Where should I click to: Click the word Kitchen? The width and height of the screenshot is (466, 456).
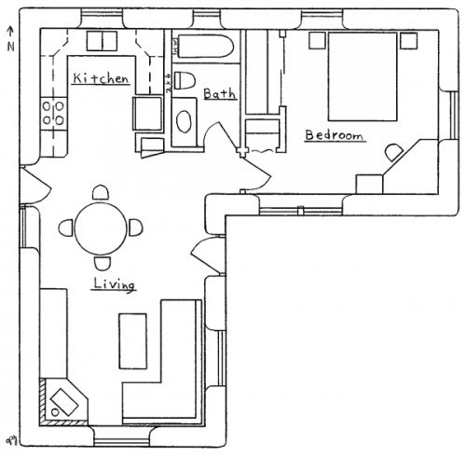(100, 79)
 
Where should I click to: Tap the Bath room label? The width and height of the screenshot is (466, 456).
(219, 93)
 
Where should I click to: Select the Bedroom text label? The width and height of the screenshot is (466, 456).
(334, 136)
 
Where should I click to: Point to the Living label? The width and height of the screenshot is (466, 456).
(115, 283)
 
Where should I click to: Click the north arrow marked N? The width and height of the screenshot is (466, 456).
(10, 39)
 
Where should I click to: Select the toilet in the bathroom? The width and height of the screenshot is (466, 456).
(185, 79)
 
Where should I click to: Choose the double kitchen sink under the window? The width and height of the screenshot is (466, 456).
(101, 40)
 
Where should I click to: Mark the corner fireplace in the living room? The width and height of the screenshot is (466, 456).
(62, 401)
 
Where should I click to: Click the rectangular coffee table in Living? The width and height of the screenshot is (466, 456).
(131, 340)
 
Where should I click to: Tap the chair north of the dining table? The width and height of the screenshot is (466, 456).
(100, 191)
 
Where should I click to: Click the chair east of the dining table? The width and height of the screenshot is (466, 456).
(136, 227)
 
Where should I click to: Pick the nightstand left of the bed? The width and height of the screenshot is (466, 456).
(316, 39)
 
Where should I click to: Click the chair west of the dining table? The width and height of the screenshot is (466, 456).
(64, 227)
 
